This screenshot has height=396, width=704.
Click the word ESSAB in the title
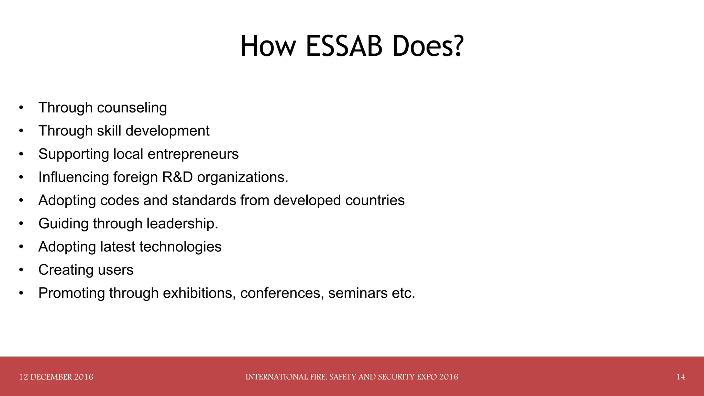(344, 46)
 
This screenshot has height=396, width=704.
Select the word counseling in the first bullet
(132, 108)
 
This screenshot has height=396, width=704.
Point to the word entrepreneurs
(193, 154)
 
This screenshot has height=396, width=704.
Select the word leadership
(182, 224)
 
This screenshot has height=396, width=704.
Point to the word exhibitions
(199, 293)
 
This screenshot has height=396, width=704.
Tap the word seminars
(357, 293)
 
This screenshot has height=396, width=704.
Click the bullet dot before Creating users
(21, 270)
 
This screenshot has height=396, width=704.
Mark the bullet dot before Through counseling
(21, 108)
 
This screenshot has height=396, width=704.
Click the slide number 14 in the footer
(681, 377)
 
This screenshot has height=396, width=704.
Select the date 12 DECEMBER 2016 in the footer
(56, 377)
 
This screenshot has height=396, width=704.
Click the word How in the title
(267, 46)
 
